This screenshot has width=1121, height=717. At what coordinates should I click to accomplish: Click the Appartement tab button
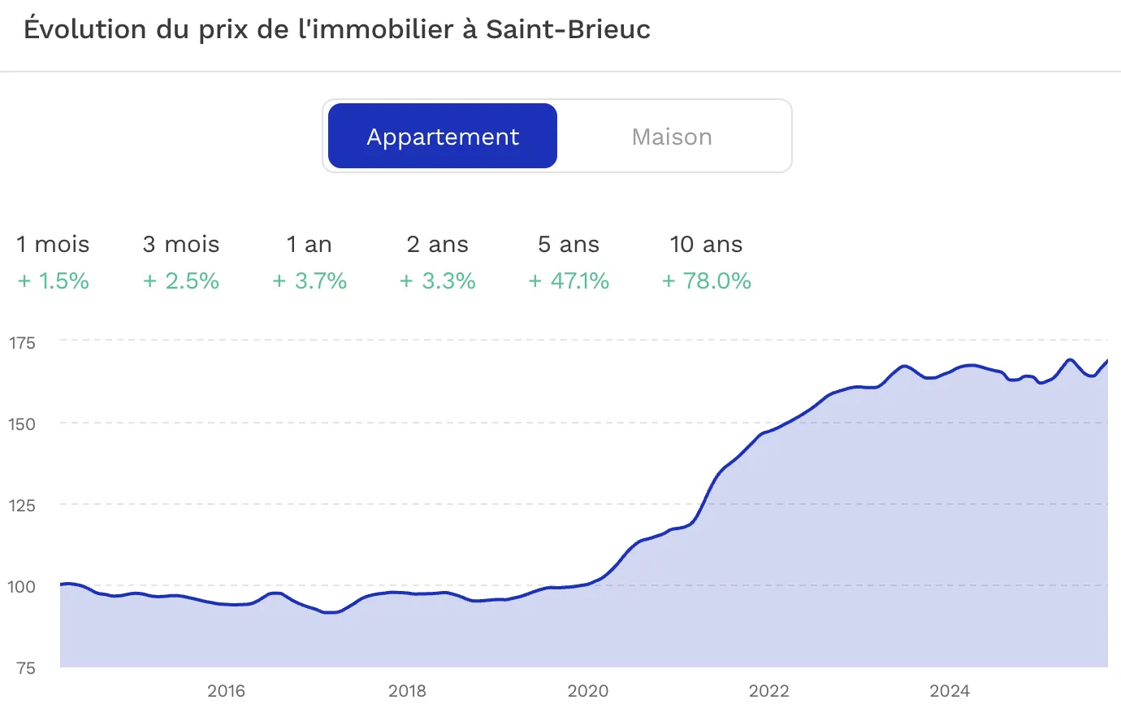(443, 137)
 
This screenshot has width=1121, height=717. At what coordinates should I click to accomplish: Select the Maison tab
(672, 137)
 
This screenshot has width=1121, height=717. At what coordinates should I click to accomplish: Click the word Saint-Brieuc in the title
(568, 29)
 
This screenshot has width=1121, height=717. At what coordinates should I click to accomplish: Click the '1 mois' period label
(53, 245)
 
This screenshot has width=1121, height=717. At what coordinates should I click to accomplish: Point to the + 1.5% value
(54, 281)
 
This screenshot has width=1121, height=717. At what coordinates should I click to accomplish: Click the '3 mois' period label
(181, 245)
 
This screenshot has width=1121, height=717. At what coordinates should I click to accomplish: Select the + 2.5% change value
(181, 281)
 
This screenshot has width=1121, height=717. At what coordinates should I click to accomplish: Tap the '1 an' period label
(309, 245)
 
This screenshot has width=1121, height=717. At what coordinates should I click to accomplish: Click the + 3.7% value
(309, 281)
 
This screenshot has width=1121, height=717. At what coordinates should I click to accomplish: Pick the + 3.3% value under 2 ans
(437, 281)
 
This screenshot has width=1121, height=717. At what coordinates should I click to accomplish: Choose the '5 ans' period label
(569, 245)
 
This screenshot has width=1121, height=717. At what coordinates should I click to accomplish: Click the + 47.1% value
(569, 281)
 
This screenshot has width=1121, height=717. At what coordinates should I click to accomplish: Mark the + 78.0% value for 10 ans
(706, 281)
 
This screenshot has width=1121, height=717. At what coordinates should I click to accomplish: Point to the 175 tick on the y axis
(22, 343)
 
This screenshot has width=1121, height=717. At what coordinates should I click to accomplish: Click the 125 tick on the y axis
(22, 506)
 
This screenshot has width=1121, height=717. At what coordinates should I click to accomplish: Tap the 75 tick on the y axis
(25, 668)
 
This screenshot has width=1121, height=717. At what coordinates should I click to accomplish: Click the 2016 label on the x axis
(226, 692)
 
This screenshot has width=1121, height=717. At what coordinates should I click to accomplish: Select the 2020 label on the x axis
(587, 692)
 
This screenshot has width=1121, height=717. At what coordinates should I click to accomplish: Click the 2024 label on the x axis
(949, 692)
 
